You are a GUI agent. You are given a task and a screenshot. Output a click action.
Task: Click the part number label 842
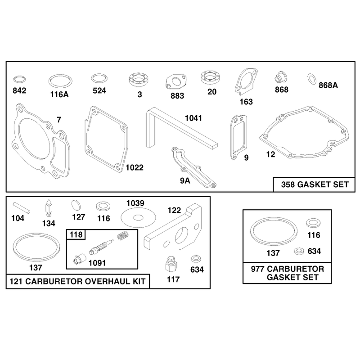coord(19,91)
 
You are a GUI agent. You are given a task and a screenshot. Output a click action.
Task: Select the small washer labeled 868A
coord(311,79)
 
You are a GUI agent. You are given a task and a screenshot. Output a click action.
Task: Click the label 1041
coord(193,118)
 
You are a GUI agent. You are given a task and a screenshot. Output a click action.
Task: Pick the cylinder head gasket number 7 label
coord(59,120)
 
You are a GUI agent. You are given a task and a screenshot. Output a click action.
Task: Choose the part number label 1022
coord(135,167)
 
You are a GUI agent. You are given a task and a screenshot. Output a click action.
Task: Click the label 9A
coord(185,181)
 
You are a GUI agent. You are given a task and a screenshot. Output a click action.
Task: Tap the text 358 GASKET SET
coord(315,184)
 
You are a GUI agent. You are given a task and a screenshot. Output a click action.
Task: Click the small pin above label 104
coord(21,207)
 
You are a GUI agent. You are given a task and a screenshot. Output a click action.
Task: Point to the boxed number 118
coord(76,234)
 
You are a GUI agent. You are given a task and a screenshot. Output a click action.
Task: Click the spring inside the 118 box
coord(123,235)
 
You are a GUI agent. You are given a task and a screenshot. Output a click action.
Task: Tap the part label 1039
coord(135,203)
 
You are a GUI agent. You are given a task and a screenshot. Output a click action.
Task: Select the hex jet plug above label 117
coord(171,264)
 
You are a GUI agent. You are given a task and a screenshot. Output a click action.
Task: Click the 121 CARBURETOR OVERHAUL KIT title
coord(77,281)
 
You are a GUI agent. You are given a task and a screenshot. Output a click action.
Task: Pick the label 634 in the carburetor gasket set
coord(314,251)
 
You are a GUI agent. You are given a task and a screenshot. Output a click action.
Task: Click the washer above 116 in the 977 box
coord(313,223)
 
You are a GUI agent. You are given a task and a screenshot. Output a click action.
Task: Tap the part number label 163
coord(246,102)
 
